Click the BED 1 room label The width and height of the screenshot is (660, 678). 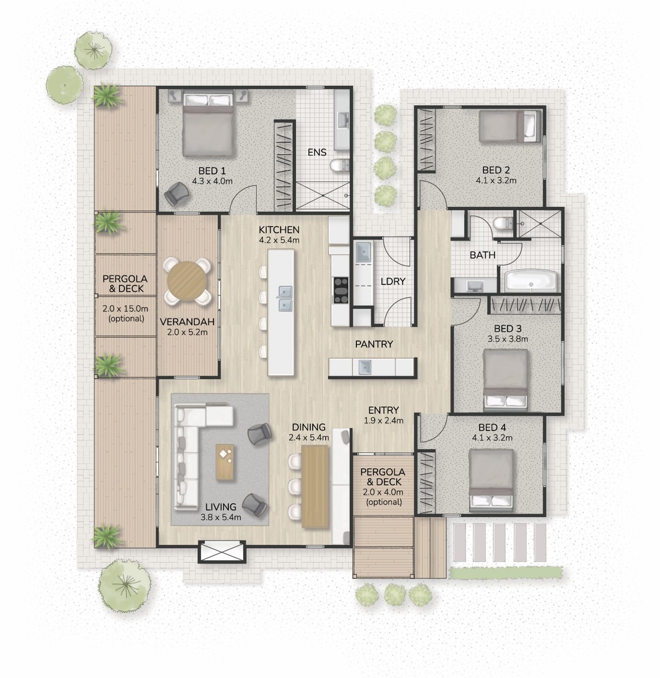coord(212,171)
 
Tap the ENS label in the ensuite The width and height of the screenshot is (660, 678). coord(317,152)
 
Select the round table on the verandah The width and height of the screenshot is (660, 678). coord(187,281)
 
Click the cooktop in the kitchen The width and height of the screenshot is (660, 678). coord(341,290)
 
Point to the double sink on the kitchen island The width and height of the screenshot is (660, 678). coord(285,298)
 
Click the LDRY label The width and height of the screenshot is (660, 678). coord(393,281)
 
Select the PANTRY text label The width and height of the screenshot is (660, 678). coord(374,344)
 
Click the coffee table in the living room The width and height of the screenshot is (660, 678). coord(225,462)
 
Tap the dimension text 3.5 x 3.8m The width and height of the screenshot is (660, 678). coord(507,339)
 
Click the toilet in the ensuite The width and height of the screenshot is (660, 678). coord(339,166)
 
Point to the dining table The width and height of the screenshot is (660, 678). coord(315,486)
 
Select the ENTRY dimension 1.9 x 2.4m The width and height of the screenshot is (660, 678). coord(384,421)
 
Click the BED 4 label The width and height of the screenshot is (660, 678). coord(492,427)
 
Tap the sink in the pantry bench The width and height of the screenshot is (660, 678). coord(364,367)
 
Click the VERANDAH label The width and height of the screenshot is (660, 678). coord(187,322)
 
